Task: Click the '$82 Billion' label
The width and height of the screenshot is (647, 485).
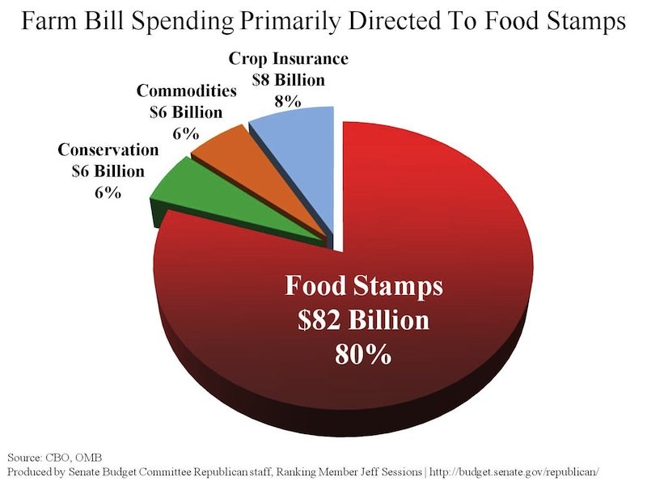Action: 362,321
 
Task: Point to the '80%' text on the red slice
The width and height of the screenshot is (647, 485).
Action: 362,354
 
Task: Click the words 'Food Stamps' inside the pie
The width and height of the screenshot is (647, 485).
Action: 363,287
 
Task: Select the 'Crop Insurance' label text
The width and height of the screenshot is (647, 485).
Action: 288,59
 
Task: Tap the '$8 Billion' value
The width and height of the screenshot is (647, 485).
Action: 288,80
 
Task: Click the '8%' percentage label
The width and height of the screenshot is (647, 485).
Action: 288,101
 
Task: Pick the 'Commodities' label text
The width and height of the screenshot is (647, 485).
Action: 186,90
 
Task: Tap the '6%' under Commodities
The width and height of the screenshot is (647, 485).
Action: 186,133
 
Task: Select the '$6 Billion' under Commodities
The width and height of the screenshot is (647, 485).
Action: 186,112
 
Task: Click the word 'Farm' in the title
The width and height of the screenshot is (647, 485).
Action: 49,22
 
